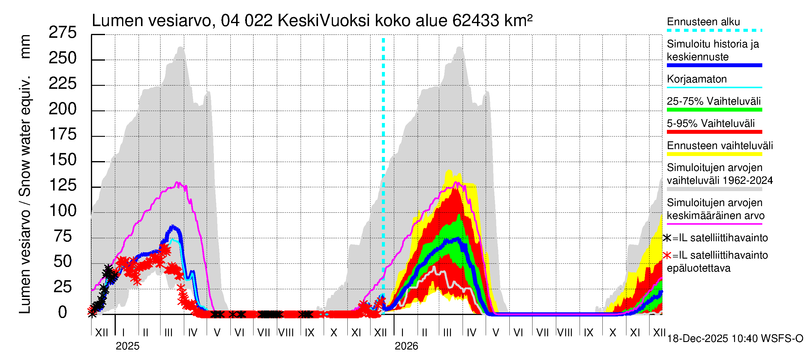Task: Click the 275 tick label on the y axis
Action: [63, 33]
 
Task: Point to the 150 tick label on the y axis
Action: [63, 160]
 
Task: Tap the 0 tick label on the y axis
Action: [63, 313]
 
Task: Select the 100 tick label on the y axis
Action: [63, 211]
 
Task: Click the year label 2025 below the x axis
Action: [127, 346]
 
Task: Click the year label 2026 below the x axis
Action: [406, 346]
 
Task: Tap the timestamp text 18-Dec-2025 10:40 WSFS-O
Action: [735, 339]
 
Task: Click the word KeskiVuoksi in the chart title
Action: [324, 21]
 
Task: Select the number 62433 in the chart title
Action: [475, 21]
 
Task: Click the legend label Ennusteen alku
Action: [703, 22]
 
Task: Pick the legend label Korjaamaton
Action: [697, 79]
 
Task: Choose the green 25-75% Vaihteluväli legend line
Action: [714, 110]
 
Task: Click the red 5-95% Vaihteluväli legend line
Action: [714, 132]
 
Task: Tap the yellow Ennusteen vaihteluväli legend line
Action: [714, 154]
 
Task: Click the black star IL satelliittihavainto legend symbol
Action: [667, 238]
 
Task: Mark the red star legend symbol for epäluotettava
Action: [667, 255]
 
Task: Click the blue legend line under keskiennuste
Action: [714, 65]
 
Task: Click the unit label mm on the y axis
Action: [25, 46]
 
